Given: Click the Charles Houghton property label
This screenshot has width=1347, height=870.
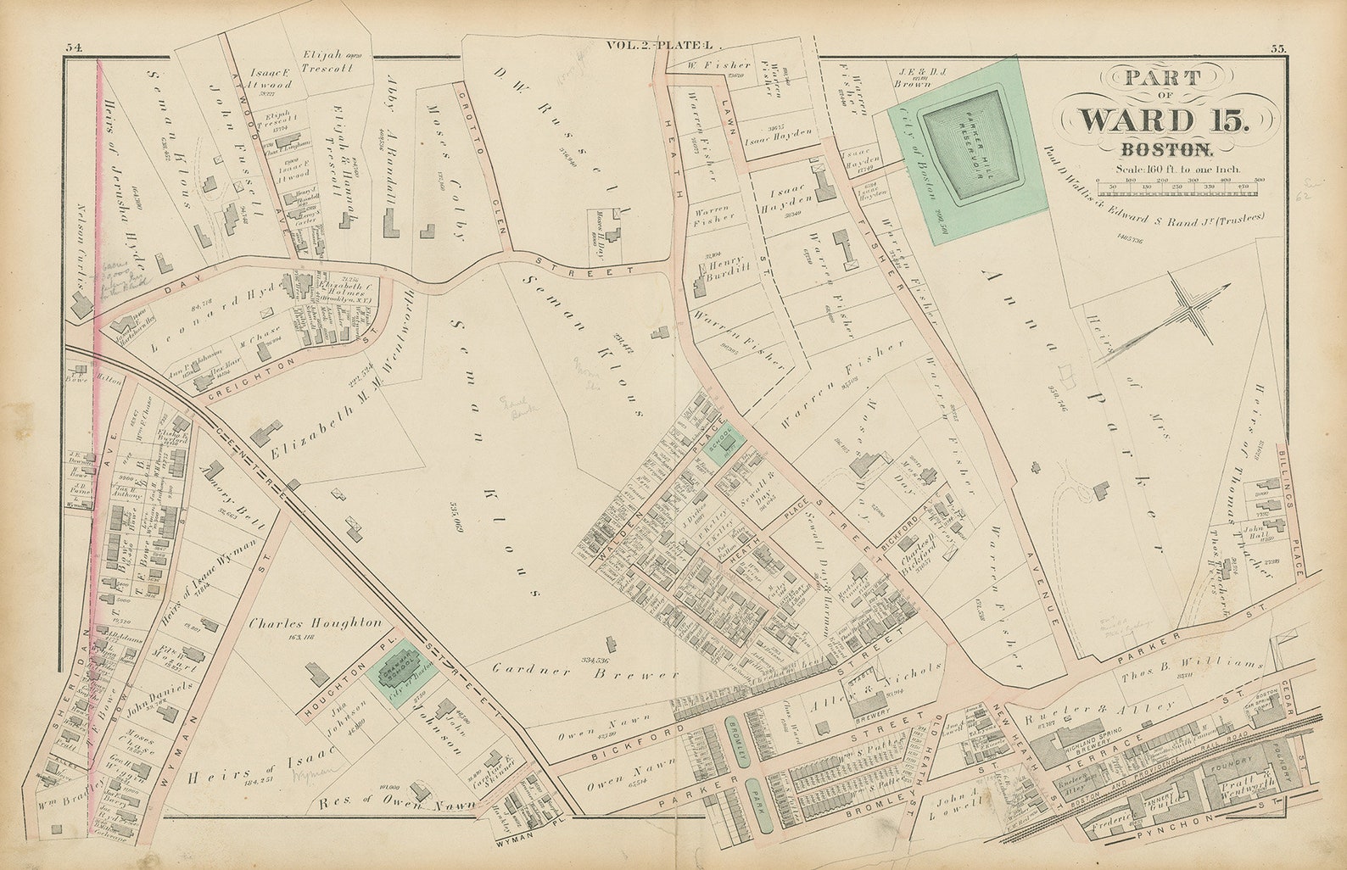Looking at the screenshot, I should click(316, 622).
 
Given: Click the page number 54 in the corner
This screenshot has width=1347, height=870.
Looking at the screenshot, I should click(73, 48).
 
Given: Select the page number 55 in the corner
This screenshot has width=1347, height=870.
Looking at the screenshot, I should click(1277, 48).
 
